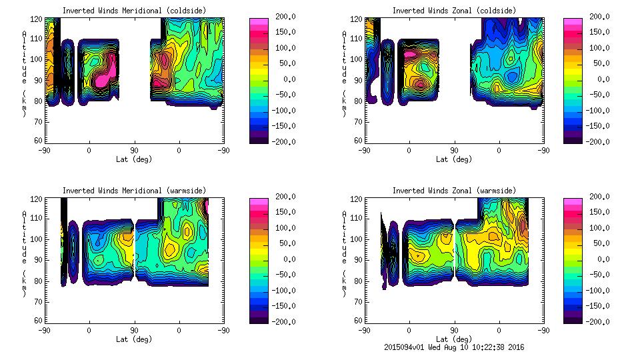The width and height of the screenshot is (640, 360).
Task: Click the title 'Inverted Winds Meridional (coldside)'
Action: [x=133, y=11]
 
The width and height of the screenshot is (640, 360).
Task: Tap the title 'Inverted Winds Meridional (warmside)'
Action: [x=134, y=191]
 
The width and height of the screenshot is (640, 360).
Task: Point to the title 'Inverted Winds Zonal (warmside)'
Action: [x=453, y=191]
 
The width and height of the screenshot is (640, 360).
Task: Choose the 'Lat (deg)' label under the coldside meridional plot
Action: [x=134, y=159]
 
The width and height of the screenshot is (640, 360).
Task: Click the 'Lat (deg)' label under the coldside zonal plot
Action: [x=454, y=159]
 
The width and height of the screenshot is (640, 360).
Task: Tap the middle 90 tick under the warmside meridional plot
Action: [x=134, y=330]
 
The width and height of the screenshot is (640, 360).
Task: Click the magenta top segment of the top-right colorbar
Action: [x=573, y=21]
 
